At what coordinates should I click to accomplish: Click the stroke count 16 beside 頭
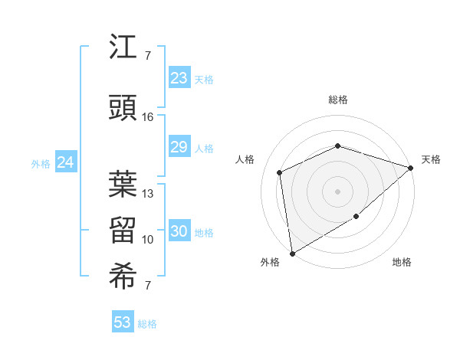click(x=147, y=117)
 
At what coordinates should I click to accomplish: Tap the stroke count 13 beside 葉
click(x=148, y=194)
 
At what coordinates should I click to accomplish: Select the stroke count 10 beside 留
click(x=148, y=240)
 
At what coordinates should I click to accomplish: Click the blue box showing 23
click(x=179, y=78)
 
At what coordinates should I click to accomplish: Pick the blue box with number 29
click(x=179, y=147)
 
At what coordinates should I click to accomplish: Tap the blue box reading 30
click(x=179, y=232)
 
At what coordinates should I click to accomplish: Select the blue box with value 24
click(x=66, y=162)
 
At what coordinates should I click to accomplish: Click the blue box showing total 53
click(x=123, y=322)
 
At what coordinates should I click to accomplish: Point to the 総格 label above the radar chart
click(x=338, y=100)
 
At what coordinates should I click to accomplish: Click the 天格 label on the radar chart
click(x=431, y=159)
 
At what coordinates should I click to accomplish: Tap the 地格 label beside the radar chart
click(x=402, y=262)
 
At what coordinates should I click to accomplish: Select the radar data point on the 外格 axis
click(x=291, y=253)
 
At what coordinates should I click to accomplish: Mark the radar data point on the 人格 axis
click(x=280, y=172)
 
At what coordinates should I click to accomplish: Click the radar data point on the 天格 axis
click(x=411, y=168)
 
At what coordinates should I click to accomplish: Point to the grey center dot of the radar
click(x=337, y=191)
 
